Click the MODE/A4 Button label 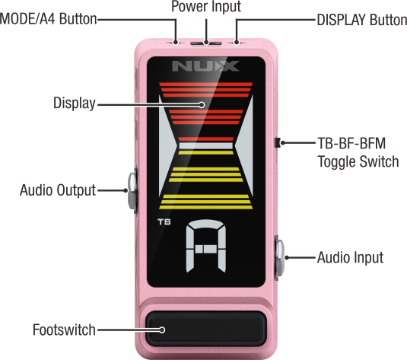click(48, 19)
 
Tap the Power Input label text click(206, 6)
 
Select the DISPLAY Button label click(362, 20)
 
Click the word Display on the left click(75, 104)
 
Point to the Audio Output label click(58, 190)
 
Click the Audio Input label click(351, 258)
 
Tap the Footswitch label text click(64, 330)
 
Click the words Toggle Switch click(358, 161)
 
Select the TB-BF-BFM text click(351, 143)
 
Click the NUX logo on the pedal click(205, 66)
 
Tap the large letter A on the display click(206, 246)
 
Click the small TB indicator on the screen click(164, 222)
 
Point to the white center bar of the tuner click(206, 145)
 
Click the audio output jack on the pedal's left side click(132, 191)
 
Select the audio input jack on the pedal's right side click(280, 258)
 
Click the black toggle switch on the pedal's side click(277, 143)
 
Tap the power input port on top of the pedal click(206, 43)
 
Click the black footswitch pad click(206, 330)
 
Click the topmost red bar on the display click(206, 84)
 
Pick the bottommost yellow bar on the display click(206, 207)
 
